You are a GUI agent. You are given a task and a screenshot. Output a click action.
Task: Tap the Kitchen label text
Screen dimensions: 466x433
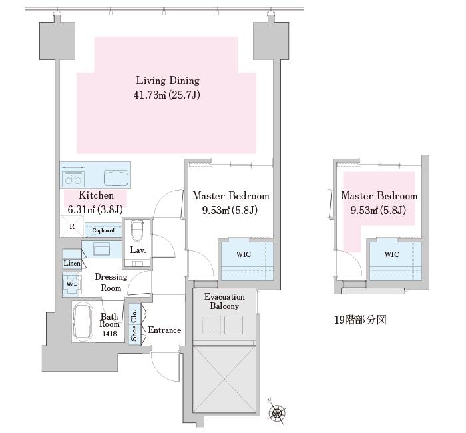(x=96, y=195)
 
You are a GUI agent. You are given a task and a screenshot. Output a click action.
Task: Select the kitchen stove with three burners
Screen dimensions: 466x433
(x=73, y=179)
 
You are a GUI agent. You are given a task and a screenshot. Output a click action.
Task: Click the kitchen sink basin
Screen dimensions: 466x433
(x=116, y=178)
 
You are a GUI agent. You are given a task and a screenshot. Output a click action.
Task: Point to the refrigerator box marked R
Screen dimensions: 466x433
(x=72, y=226)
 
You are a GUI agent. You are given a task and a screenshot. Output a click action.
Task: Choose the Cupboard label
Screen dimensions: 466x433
(x=103, y=230)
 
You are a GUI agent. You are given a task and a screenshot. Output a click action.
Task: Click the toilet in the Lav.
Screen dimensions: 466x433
(x=137, y=230)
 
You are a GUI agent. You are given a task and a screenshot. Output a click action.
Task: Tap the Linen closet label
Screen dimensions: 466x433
(x=72, y=264)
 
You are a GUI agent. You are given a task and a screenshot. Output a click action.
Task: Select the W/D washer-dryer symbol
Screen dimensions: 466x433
(x=72, y=284)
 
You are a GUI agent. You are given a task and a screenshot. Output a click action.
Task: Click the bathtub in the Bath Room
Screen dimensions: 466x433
(x=83, y=322)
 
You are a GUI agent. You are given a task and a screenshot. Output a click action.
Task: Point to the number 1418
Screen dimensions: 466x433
(x=109, y=334)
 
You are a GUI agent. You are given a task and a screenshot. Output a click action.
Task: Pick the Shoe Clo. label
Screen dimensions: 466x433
(x=134, y=325)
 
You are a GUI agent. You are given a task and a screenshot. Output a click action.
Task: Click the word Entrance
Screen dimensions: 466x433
(x=164, y=330)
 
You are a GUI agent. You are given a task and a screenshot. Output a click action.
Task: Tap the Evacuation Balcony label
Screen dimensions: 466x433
(x=224, y=302)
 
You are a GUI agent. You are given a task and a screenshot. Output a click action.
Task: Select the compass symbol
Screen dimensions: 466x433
(x=277, y=412)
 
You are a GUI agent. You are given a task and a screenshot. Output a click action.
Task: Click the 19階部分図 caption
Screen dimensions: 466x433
(x=360, y=320)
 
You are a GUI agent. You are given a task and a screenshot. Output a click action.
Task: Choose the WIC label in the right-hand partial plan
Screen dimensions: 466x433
(x=392, y=254)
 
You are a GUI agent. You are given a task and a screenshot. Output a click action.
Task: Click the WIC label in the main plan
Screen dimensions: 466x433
(x=244, y=254)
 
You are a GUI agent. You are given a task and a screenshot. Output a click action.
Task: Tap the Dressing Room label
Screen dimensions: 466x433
(x=111, y=282)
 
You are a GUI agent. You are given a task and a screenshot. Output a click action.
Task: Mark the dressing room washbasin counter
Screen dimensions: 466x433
(x=102, y=250)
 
